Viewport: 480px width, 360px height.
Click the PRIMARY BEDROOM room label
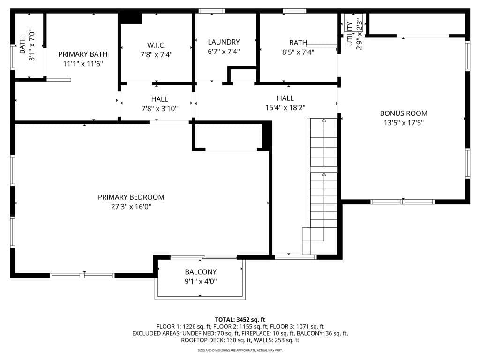(131, 197)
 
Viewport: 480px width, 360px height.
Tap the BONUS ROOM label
(403, 113)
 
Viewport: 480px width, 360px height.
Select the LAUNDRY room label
(224, 42)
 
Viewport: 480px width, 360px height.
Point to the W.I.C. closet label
(156, 45)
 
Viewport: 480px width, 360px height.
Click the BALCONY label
(201, 272)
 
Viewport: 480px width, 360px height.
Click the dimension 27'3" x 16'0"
(131, 207)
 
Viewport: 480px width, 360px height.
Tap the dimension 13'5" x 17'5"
(403, 123)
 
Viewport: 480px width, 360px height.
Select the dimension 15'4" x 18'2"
(285, 107)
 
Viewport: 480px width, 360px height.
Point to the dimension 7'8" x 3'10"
(159, 109)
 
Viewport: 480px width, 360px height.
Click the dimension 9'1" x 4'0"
(201, 281)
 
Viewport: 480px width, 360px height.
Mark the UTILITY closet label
(350, 34)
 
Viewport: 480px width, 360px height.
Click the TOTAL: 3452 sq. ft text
(240, 319)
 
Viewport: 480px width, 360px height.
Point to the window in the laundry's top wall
(211, 11)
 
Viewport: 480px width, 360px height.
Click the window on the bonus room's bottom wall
(403, 202)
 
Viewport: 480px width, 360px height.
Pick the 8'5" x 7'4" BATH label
(298, 43)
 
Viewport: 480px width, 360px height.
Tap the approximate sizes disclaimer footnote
(240, 350)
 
